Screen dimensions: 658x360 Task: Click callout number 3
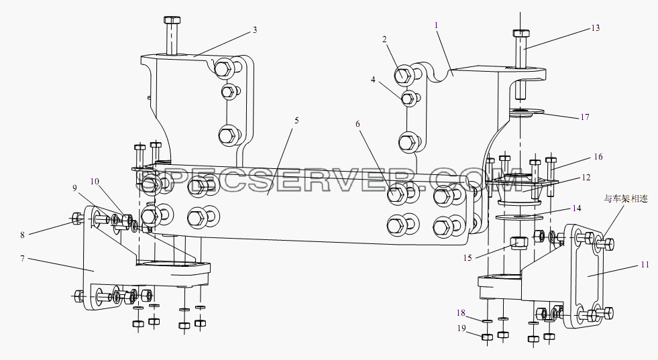255,29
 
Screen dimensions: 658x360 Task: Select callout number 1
437,25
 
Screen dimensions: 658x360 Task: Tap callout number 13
596,27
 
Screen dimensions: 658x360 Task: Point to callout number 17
585,117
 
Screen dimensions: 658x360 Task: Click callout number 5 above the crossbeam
296,121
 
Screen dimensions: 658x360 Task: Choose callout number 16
598,156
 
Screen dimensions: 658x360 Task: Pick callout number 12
586,177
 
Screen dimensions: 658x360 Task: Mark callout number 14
577,208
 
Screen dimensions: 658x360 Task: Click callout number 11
645,264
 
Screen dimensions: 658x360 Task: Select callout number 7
23,259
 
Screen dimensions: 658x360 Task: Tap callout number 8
23,235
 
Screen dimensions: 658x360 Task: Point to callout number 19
461,328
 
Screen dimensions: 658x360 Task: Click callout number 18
461,312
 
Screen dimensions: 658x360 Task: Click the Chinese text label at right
626,198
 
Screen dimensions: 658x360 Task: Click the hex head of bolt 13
520,33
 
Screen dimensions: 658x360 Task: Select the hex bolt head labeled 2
404,74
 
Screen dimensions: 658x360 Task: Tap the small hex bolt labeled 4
408,99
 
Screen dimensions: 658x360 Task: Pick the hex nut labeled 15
518,243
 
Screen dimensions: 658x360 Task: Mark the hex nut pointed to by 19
487,337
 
